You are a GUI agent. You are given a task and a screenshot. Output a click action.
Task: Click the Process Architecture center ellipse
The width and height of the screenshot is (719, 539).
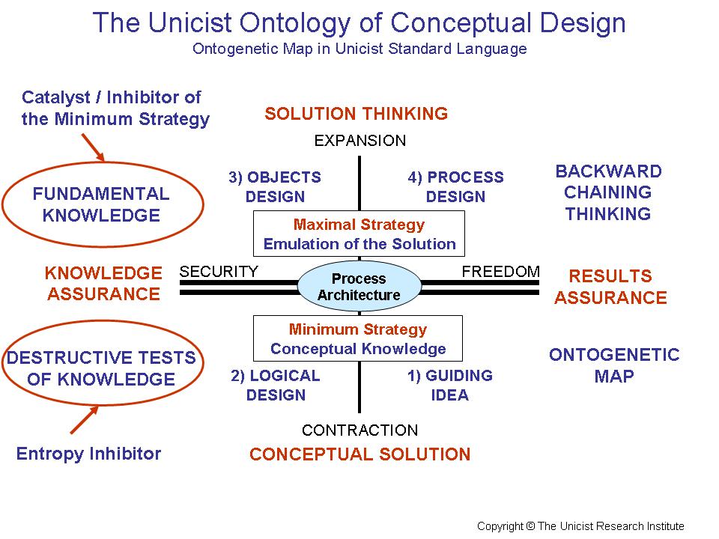(x=359, y=287)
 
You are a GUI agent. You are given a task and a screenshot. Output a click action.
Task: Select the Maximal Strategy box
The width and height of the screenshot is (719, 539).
(x=359, y=234)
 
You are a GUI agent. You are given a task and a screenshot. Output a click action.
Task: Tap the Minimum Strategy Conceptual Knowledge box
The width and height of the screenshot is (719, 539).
(x=358, y=339)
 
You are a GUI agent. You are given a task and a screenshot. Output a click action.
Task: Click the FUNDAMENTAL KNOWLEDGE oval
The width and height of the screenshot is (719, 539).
(x=102, y=204)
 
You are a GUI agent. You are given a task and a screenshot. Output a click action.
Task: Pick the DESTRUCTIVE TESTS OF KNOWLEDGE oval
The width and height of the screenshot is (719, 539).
(x=101, y=368)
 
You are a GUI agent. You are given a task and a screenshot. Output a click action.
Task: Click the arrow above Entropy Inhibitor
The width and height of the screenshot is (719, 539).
(x=85, y=420)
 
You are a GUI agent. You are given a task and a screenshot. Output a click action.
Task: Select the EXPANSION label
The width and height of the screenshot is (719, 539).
(x=359, y=141)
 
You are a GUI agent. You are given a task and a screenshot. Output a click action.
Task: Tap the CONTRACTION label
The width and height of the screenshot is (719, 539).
(x=359, y=430)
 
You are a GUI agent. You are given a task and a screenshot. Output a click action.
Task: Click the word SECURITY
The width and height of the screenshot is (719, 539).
(x=219, y=272)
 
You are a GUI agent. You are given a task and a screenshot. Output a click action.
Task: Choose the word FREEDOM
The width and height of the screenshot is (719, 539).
(x=500, y=272)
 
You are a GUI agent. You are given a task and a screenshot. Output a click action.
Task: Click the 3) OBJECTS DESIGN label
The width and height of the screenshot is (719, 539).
(x=275, y=187)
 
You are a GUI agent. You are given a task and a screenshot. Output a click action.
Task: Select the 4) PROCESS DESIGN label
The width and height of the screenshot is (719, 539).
(x=455, y=187)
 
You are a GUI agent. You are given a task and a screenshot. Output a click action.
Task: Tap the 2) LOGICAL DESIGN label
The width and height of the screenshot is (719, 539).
(x=275, y=385)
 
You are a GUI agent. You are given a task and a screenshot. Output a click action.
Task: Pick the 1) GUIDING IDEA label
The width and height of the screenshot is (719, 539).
(x=449, y=385)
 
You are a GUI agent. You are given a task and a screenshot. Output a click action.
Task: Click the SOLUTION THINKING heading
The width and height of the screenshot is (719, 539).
(x=356, y=114)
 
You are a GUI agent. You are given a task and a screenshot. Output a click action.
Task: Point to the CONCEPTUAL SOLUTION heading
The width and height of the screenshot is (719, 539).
(x=359, y=454)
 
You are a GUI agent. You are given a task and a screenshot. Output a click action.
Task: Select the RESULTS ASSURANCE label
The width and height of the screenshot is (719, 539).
(x=610, y=287)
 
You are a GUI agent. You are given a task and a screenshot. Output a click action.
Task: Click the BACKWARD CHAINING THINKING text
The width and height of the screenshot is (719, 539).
(x=608, y=192)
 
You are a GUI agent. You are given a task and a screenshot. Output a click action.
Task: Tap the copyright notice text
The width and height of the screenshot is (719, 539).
(x=580, y=526)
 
